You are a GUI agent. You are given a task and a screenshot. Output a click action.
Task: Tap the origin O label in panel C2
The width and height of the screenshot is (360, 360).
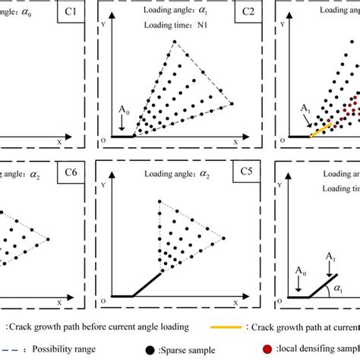click(103, 141)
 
